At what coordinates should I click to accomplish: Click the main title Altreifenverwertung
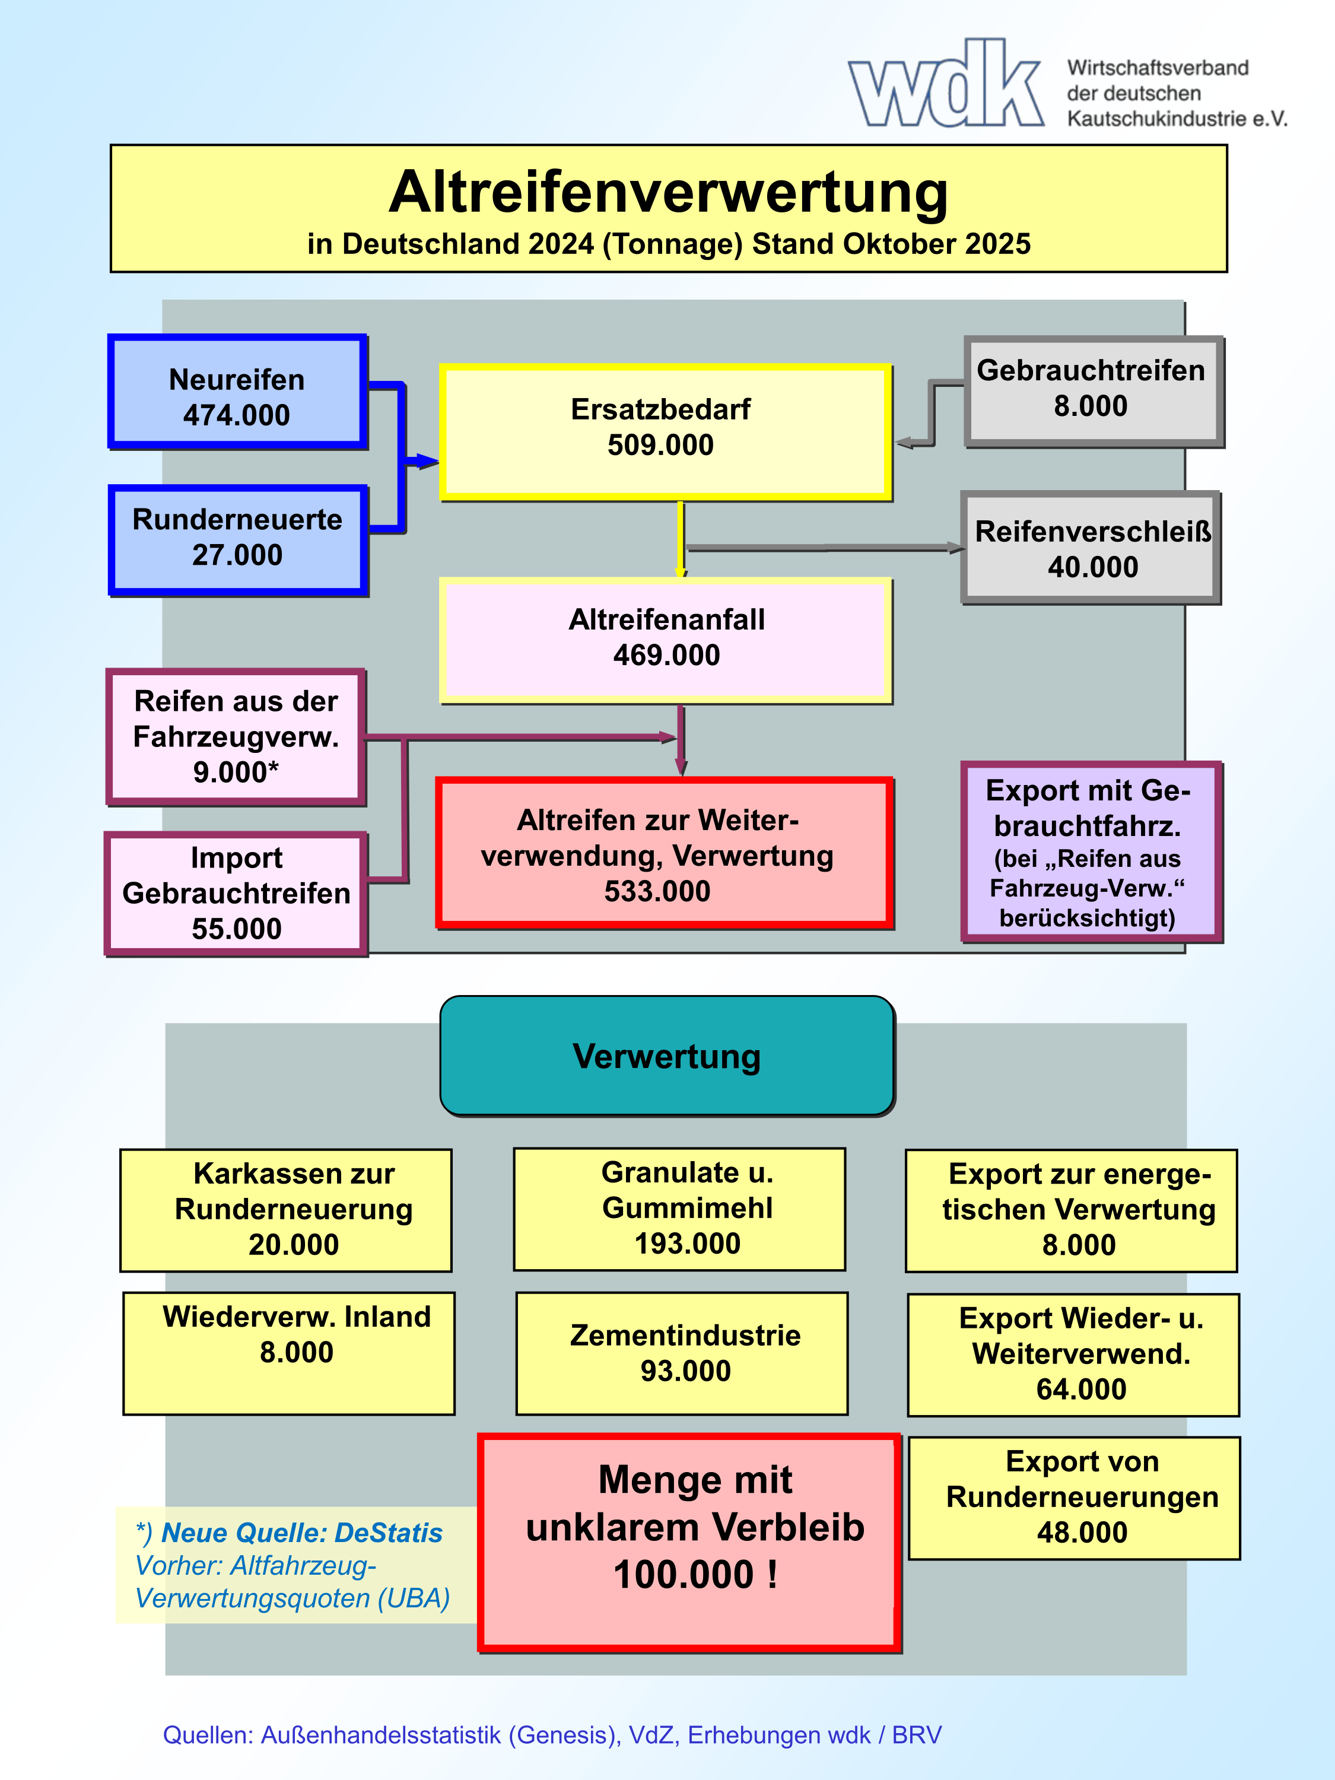pos(668,193)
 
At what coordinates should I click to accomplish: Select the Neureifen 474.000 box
pos(237,392)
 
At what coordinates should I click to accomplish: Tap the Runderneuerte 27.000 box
pos(237,539)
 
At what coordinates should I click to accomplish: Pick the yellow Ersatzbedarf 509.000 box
pos(665,431)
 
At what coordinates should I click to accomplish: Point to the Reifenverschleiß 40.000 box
pos(1091,548)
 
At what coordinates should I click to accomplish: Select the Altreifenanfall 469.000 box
pos(666,639)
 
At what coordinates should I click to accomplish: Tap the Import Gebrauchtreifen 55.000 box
pos(236,893)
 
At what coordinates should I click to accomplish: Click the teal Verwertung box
pos(667,1056)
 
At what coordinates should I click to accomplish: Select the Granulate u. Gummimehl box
pos(680,1209)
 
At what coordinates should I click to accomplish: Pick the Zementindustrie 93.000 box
pos(682,1353)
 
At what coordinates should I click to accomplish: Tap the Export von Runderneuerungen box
pos(1075,1498)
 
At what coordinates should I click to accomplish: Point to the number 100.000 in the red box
pos(684,1575)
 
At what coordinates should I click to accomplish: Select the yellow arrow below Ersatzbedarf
pos(681,538)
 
